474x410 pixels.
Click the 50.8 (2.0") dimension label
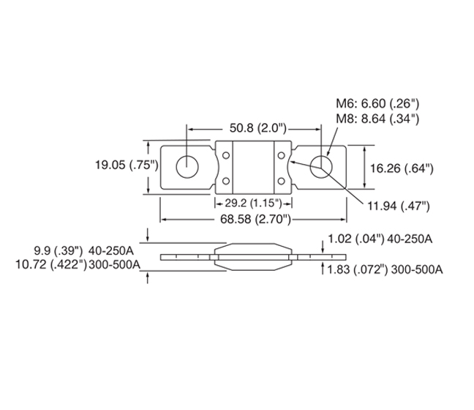coord(258,128)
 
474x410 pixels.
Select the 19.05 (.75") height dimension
coord(127,165)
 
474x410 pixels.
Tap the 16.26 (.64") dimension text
coord(402,168)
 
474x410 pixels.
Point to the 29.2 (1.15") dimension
coord(253,203)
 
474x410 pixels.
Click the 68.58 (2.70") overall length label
coord(255,219)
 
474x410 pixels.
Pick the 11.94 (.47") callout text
coord(399,206)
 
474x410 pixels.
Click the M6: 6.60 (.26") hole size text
coord(377,104)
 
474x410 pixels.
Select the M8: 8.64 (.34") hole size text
coord(377,119)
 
